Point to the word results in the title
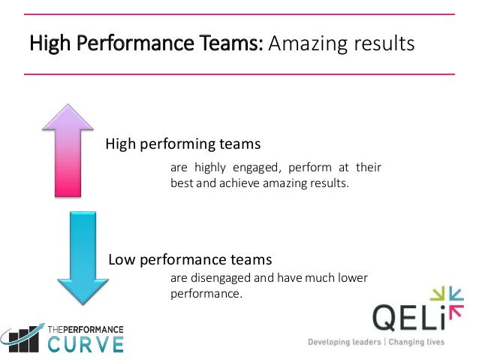pos(383,44)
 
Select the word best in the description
pos(182,182)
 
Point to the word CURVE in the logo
pos(86,344)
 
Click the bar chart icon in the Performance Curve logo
pos(23,339)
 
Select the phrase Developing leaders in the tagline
pos(344,342)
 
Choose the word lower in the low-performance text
pos(351,278)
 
